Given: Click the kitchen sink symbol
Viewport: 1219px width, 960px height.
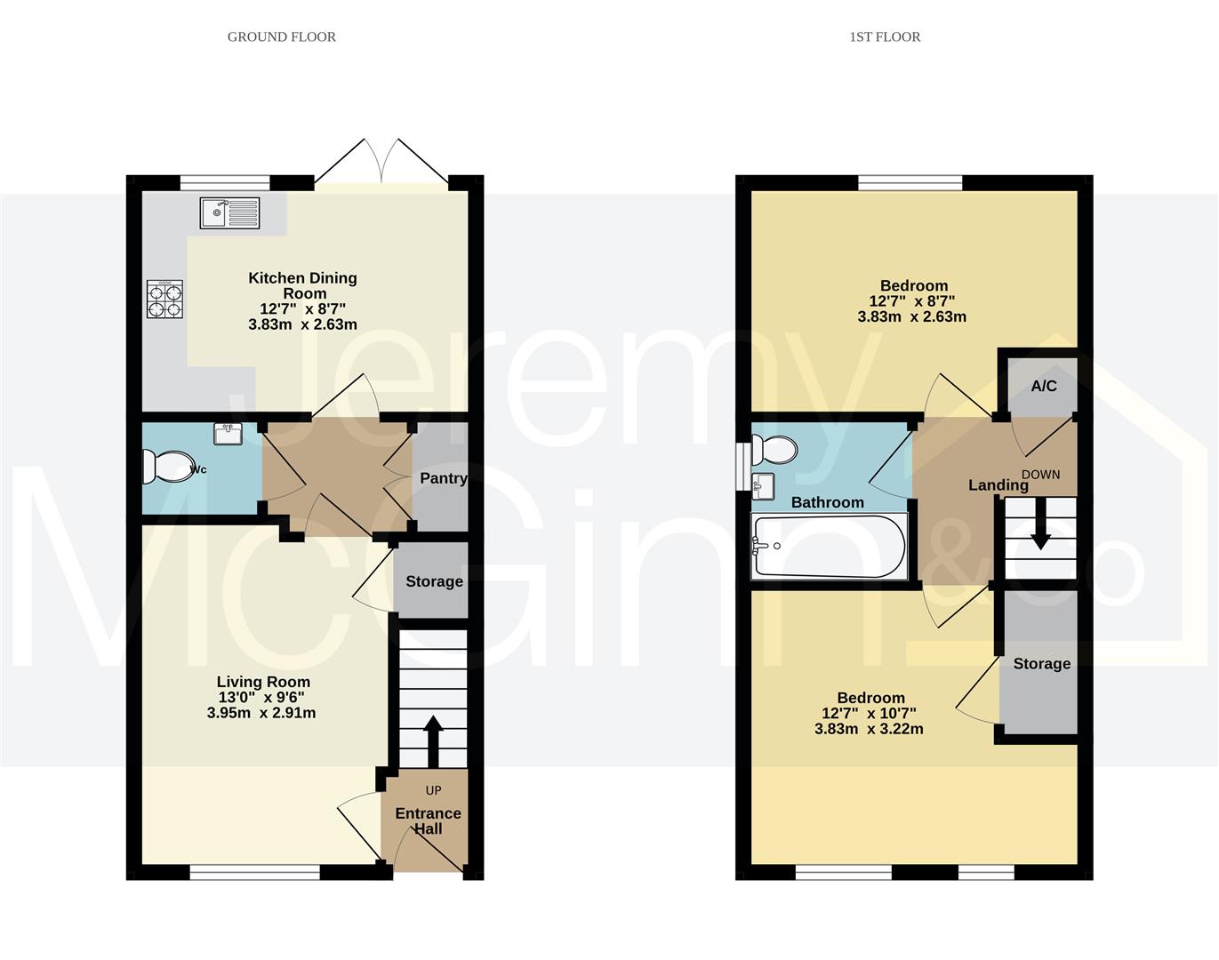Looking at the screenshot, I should (x=229, y=213).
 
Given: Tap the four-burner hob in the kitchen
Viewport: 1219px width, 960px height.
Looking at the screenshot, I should (x=165, y=300).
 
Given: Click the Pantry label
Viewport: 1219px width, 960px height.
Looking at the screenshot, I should (x=443, y=478).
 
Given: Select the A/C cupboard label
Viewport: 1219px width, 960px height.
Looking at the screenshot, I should (x=1044, y=386).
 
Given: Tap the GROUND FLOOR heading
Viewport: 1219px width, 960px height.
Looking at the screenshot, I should (x=282, y=36).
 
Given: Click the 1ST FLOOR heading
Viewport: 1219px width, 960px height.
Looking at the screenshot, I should (x=885, y=36).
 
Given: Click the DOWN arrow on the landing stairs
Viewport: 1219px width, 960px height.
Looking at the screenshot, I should (x=1039, y=533).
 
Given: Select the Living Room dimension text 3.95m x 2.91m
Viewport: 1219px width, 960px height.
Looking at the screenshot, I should (x=261, y=713).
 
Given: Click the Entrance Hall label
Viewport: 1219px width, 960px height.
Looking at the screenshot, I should (x=428, y=820).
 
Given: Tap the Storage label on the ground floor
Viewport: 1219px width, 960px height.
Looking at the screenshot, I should (x=434, y=581).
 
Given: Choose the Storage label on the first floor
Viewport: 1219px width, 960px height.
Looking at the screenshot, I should (x=1041, y=663).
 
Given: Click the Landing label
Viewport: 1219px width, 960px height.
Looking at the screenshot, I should (x=998, y=484).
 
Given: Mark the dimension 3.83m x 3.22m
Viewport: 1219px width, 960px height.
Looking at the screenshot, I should (x=869, y=729).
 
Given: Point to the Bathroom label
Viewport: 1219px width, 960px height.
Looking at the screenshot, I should (x=827, y=502).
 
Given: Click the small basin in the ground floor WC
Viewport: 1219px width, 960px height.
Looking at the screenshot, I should (x=229, y=434).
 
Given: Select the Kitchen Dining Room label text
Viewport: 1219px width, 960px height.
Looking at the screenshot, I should (x=302, y=285).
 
